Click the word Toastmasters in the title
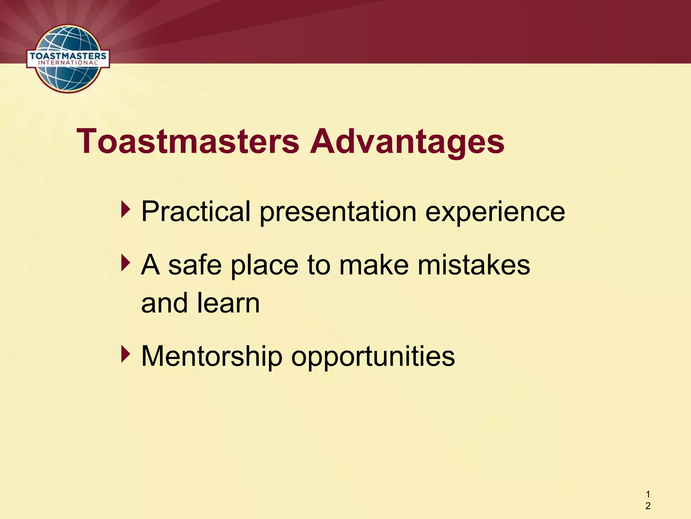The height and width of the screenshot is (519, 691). pos(188,142)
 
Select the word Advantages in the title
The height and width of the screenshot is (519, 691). pos(407,142)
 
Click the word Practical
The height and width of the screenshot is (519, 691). pos(196,212)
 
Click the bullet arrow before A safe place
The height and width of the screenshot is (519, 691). pos(126,263)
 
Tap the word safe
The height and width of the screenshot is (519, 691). pos(195,265)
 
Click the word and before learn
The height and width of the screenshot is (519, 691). pos(164,303)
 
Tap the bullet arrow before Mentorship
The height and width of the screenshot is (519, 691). pos(126,354)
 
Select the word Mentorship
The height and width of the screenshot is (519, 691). pos(212,356)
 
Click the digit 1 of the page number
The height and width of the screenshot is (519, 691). pos(648,495)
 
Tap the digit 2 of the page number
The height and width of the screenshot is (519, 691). pos(648,506)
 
